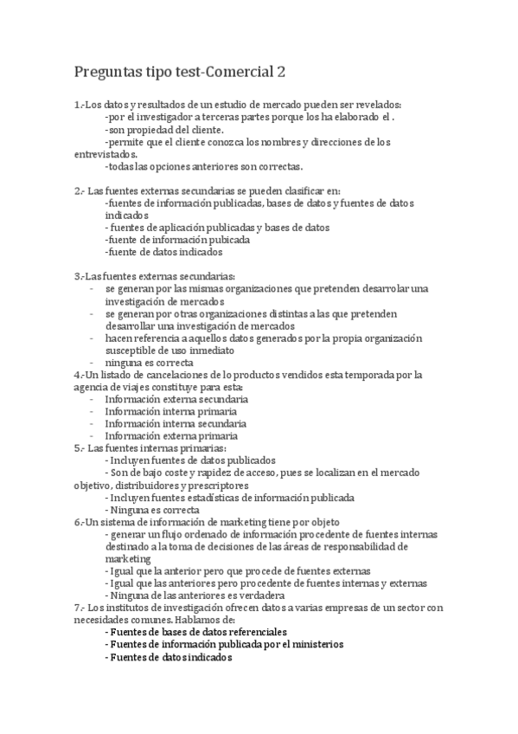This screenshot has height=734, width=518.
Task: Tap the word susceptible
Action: (131, 351)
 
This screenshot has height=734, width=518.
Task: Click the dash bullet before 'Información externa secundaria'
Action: (92, 400)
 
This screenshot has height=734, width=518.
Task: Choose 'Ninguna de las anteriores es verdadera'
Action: (195, 596)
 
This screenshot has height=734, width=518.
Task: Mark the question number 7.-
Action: (79, 608)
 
